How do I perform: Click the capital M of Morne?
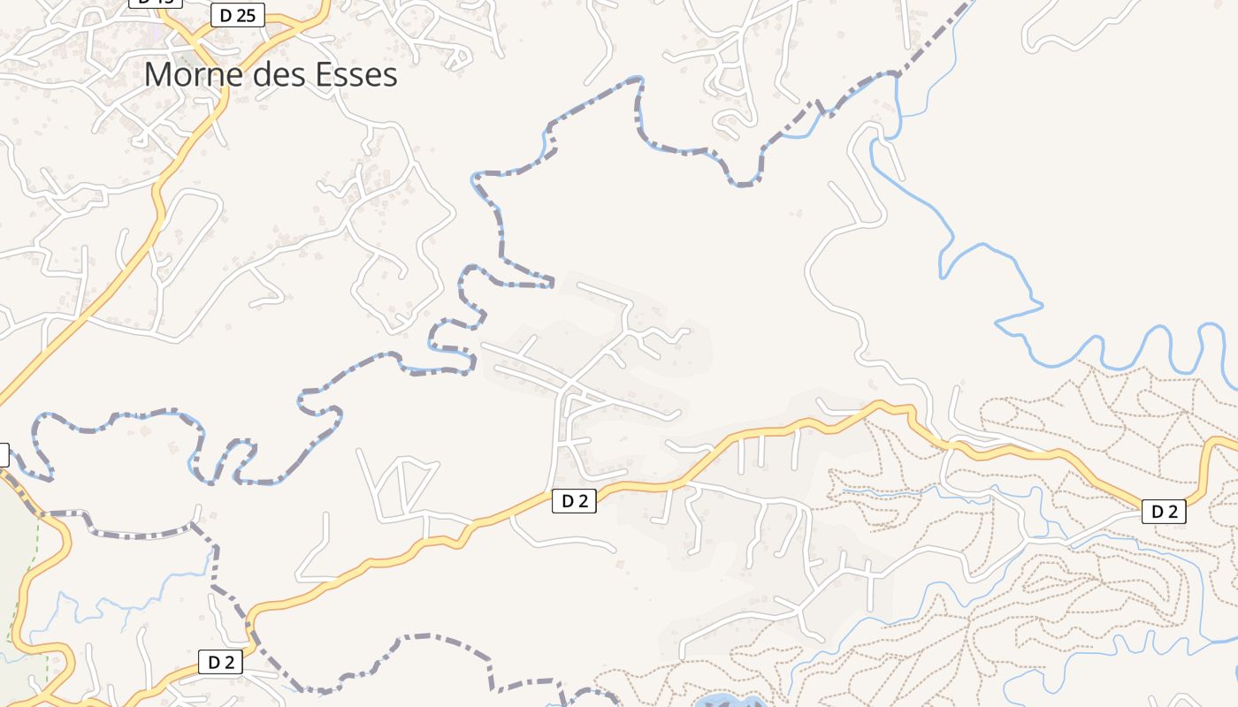coord(157,75)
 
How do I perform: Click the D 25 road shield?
coord(239,15)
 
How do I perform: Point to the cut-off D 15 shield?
coord(155,3)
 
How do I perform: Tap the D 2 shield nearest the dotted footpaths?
coord(1164,511)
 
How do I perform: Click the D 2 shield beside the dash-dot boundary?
coord(220,662)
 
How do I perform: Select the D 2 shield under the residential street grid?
coord(574,501)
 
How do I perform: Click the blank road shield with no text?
coord(3,455)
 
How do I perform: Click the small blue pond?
coord(730,702)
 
